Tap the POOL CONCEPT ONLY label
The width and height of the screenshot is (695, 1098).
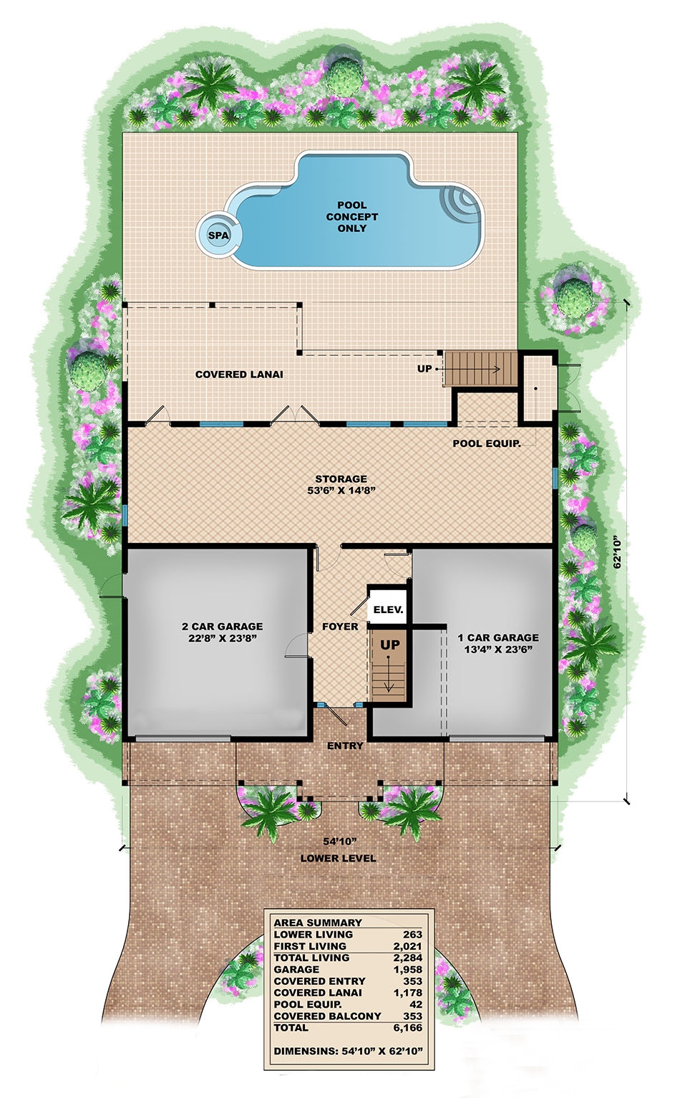[351, 216]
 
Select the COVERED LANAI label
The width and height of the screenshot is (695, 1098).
[239, 374]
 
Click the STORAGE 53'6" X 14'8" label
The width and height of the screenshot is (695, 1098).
[341, 485]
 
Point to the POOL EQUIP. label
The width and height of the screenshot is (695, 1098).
[486, 443]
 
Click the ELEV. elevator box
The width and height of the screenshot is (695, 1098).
[389, 610]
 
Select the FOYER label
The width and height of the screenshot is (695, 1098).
[340, 626]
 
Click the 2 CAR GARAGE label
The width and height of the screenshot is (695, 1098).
[222, 632]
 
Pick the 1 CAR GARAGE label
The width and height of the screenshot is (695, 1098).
[498, 643]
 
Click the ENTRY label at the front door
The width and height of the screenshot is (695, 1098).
[345, 746]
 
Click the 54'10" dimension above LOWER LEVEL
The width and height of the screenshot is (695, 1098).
[338, 842]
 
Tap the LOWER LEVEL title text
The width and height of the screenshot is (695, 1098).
[338, 858]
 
